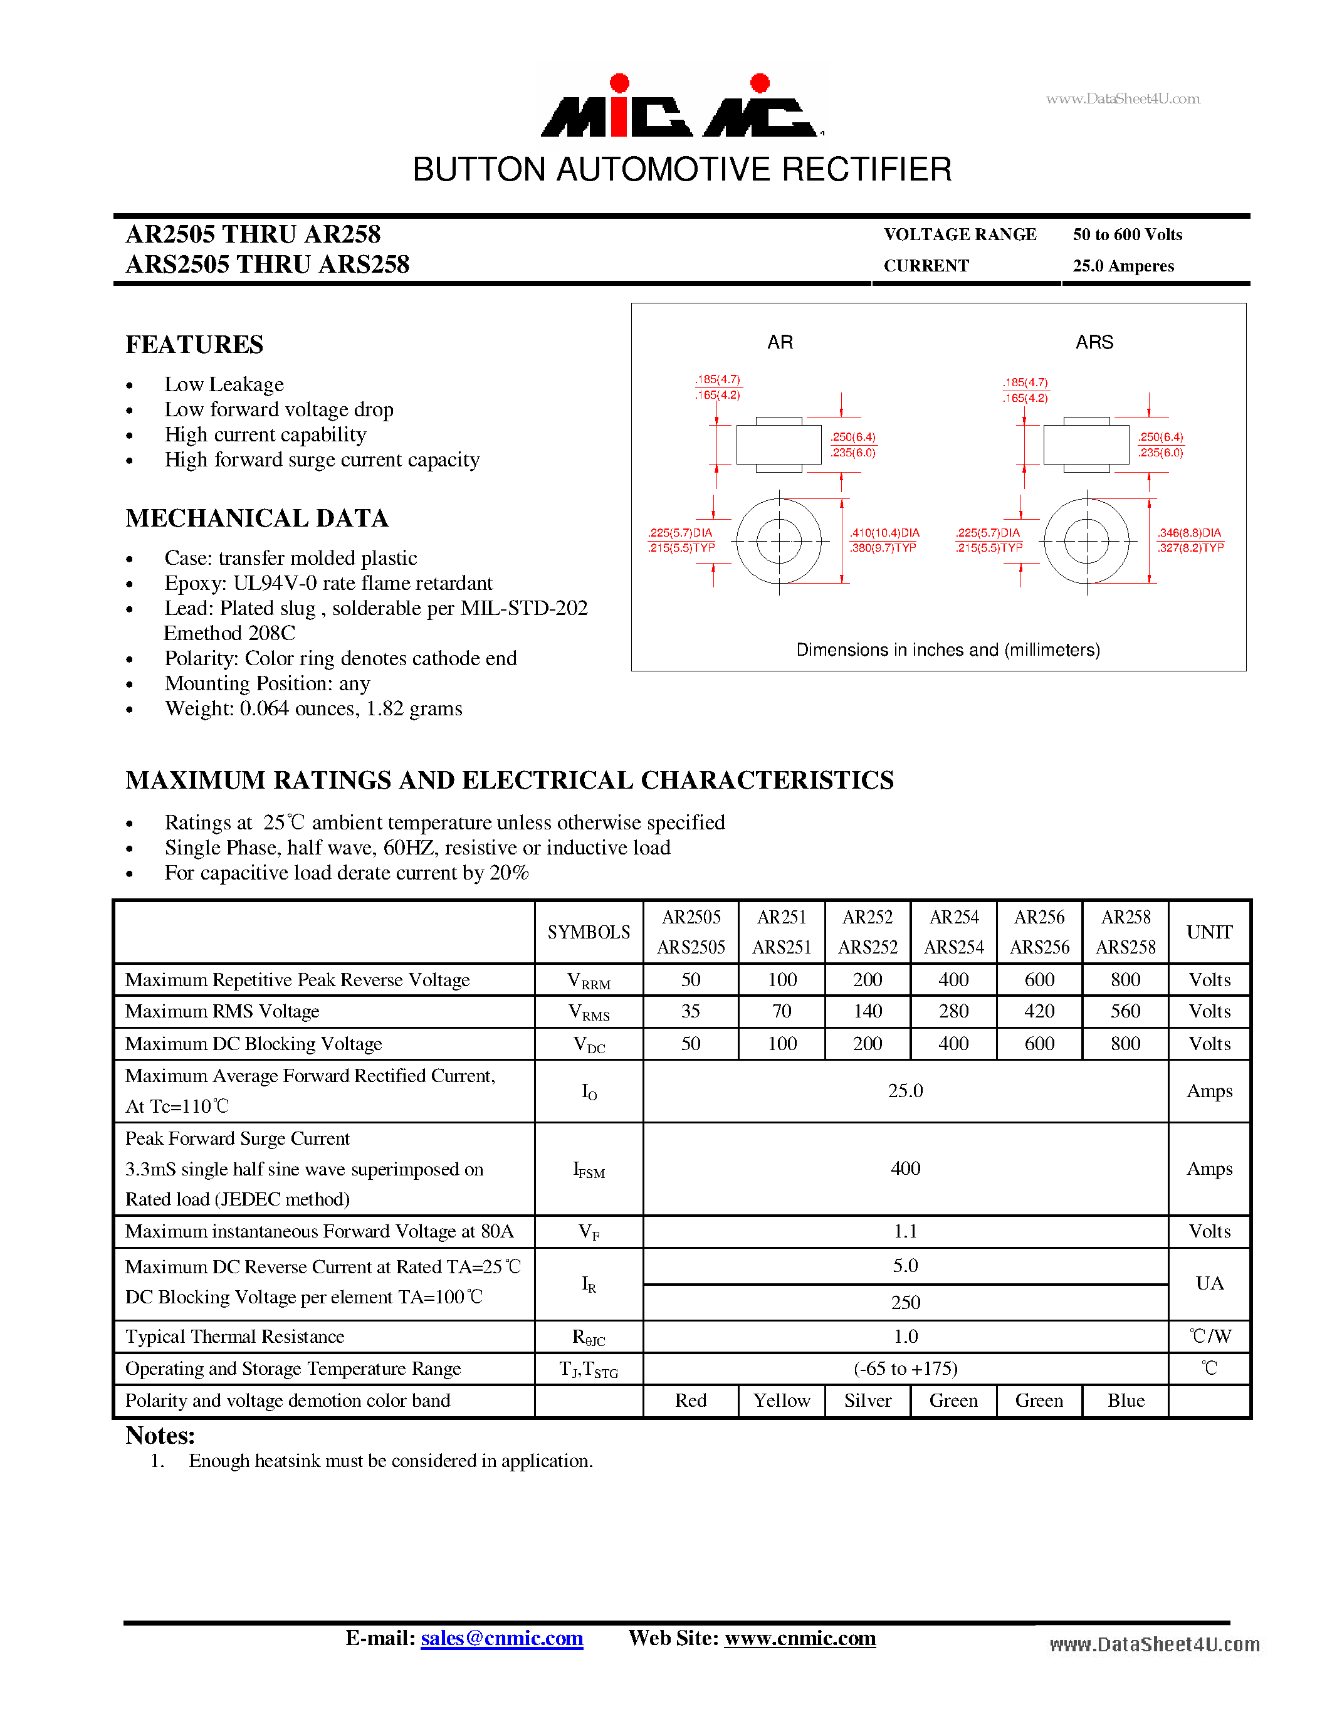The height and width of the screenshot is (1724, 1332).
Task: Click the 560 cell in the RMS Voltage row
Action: tap(1125, 1011)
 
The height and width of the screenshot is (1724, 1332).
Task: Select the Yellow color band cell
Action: tap(781, 1401)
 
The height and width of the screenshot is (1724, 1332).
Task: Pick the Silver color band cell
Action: tap(868, 1401)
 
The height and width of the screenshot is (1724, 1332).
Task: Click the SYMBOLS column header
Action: tap(589, 932)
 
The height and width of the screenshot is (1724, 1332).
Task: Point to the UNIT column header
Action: tap(1209, 932)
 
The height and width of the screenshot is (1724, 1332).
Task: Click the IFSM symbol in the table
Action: tap(589, 1169)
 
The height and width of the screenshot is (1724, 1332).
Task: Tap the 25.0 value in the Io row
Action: tap(905, 1091)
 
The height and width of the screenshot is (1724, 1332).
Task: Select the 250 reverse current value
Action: tap(905, 1303)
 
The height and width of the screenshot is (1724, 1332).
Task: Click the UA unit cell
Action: tap(1209, 1283)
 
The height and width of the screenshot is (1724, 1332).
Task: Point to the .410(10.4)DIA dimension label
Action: tap(884, 533)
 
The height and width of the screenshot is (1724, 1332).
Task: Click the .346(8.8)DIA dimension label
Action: tap(1189, 533)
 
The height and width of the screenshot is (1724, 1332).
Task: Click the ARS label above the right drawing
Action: tap(1094, 342)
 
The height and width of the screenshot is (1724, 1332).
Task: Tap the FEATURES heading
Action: tap(194, 344)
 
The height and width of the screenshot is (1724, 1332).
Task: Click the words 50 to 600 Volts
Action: tap(1127, 234)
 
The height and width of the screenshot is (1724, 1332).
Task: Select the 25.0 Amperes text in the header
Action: tap(1123, 266)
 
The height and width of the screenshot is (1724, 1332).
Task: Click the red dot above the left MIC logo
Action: tap(620, 83)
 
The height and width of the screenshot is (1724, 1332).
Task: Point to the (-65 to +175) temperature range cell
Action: tap(905, 1368)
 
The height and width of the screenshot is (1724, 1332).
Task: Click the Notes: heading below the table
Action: tap(160, 1435)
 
